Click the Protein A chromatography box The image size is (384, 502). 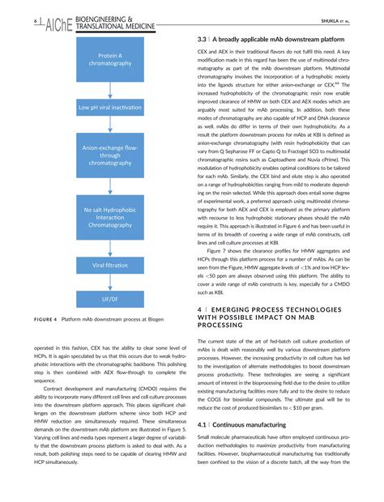[x=109, y=58]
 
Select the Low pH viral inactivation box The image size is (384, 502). [x=109, y=107]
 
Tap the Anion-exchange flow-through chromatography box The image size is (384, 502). [x=109, y=155]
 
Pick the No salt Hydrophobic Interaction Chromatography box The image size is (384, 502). [x=109, y=216]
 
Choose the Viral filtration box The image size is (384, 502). [x=109, y=265]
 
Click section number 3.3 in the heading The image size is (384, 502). [x=203, y=39]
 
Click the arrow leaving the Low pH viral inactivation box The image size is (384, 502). [x=109, y=122]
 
